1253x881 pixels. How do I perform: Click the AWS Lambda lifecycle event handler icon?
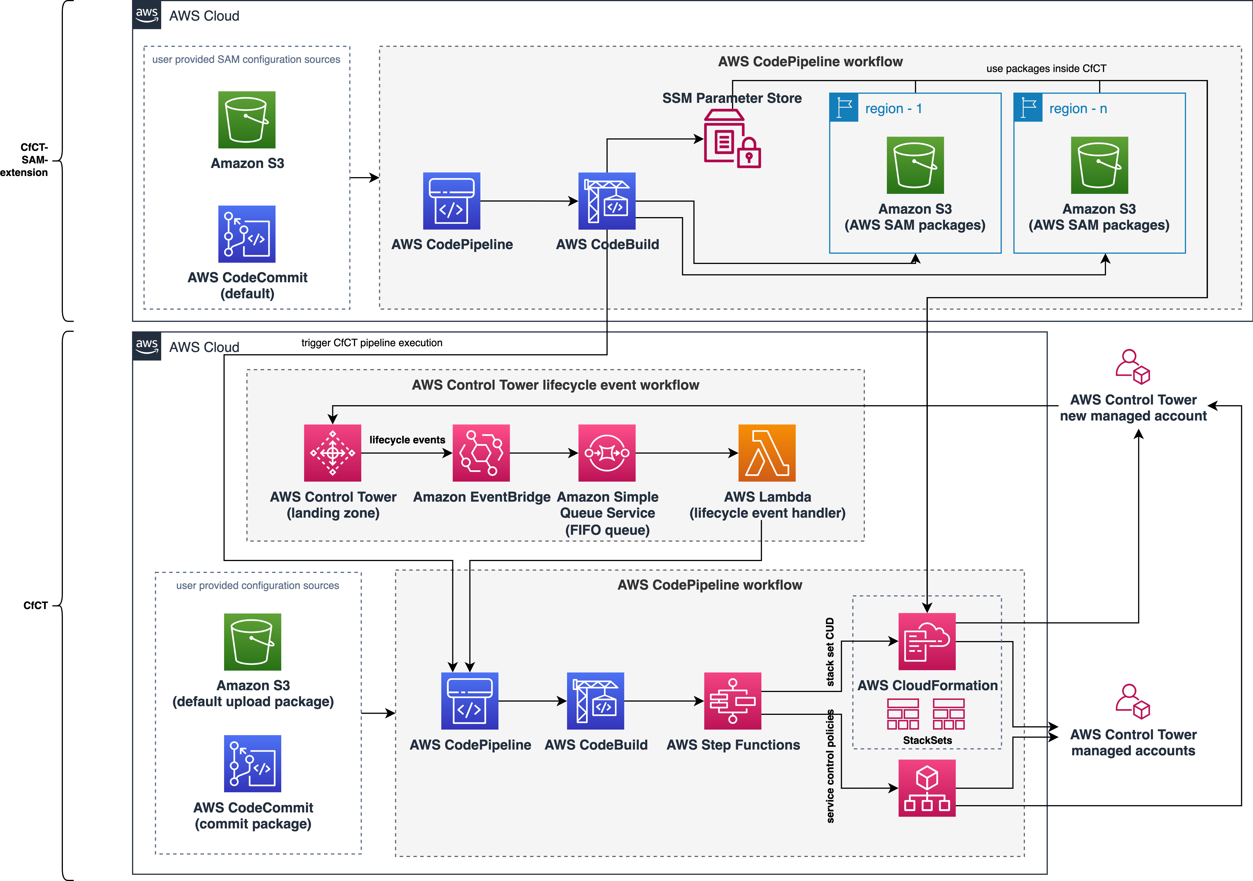coord(767,453)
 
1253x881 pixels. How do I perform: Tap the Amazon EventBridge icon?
coord(481,453)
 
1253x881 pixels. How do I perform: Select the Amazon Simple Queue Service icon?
coord(607,453)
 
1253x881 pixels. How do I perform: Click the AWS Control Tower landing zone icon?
coord(332,453)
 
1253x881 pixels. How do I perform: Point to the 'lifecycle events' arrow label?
coord(407,440)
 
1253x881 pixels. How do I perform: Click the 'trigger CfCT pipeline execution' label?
coord(372,343)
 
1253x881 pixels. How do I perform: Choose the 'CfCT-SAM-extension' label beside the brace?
coord(24,160)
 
